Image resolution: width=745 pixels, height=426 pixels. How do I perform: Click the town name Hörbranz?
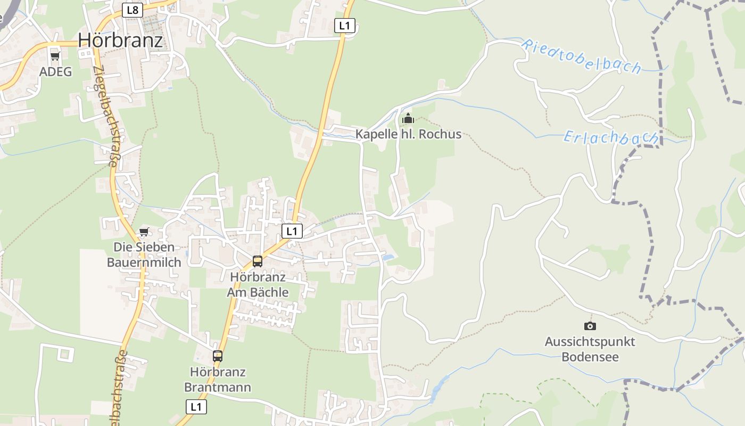(120, 40)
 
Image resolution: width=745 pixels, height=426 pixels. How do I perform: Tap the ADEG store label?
(55, 71)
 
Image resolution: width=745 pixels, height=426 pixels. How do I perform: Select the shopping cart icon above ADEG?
(55, 56)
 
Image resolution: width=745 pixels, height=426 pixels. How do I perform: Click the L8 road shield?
(133, 10)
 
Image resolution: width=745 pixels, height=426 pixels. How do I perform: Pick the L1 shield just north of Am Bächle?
(292, 231)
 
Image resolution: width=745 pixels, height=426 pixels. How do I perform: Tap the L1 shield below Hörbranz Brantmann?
(196, 407)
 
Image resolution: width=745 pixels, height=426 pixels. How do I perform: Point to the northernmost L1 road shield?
(345, 26)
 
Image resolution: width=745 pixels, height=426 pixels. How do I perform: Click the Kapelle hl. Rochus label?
(408, 134)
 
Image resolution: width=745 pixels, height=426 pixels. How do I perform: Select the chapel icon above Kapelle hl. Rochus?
(408, 118)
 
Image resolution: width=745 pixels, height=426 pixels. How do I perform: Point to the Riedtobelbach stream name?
(581, 56)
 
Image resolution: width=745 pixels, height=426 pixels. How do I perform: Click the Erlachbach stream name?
(611, 137)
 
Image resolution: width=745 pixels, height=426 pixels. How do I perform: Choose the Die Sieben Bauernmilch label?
(144, 255)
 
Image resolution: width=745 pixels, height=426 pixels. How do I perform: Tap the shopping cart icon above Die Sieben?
(144, 232)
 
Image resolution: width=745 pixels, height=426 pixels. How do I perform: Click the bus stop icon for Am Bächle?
(258, 261)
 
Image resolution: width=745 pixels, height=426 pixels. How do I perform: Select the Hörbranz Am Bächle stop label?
(258, 284)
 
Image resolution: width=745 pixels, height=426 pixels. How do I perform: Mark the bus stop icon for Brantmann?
(218, 356)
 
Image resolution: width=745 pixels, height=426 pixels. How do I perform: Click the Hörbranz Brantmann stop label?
(218, 379)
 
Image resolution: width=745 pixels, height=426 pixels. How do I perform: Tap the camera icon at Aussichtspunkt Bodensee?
(590, 326)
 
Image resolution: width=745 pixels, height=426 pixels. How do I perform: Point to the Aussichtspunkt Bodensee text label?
(590, 349)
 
